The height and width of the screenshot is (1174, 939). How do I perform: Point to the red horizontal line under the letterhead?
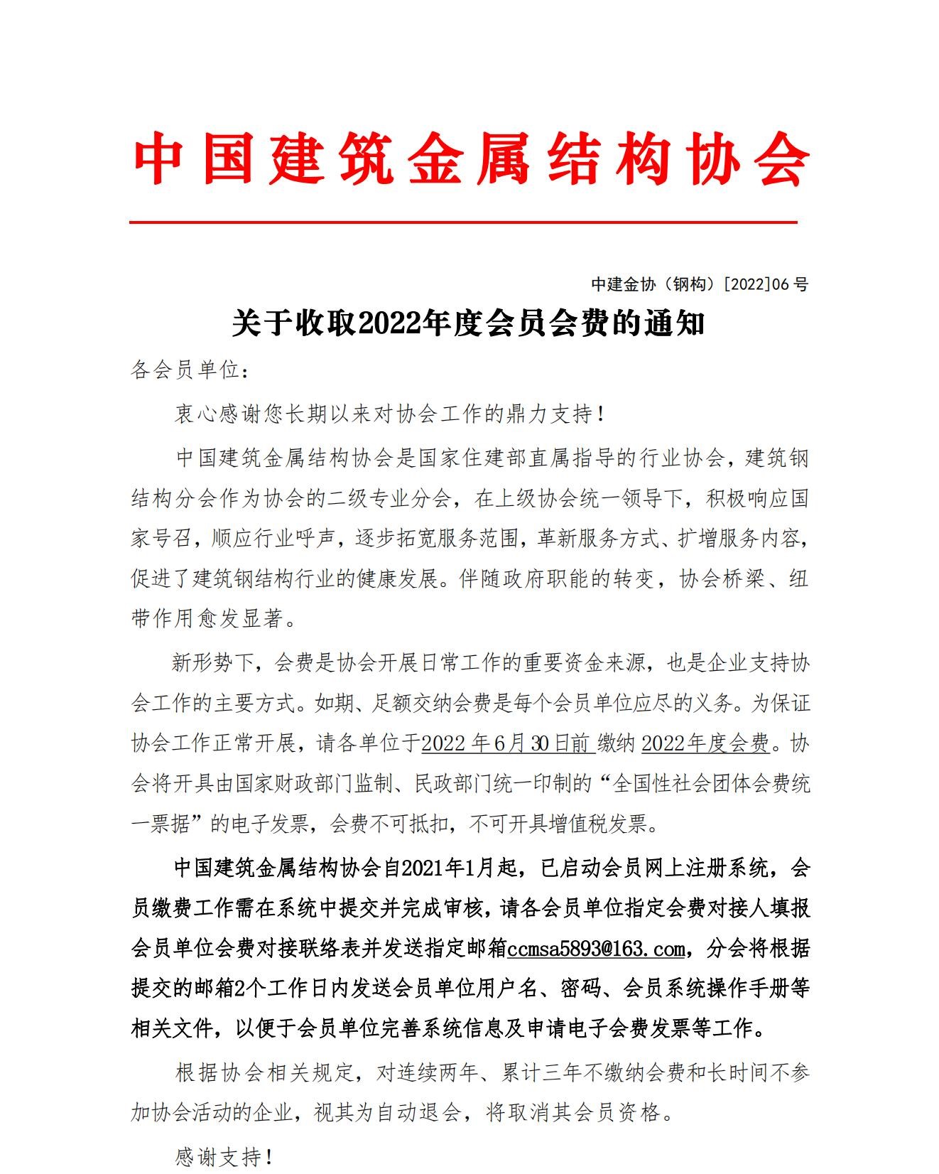(x=463, y=222)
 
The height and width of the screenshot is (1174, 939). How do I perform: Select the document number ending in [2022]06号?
(x=700, y=284)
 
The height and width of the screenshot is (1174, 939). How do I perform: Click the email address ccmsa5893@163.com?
(x=596, y=949)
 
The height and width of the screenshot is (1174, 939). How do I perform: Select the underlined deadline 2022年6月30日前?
(x=506, y=743)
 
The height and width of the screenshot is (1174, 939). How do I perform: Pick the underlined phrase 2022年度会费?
(x=705, y=743)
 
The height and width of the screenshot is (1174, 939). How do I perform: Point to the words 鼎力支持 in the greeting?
(x=548, y=414)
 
